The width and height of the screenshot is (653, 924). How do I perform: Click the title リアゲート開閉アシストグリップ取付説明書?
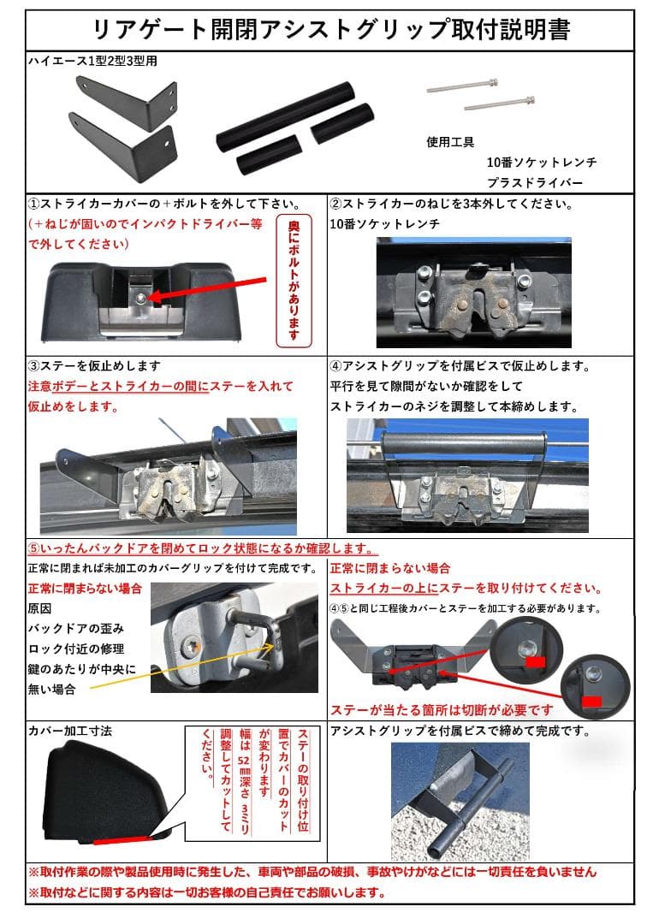tap(330, 30)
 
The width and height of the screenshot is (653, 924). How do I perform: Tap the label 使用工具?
tap(450, 143)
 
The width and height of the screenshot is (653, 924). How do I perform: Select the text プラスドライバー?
tap(535, 183)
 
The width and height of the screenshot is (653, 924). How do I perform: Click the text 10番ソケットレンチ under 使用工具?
tap(541, 163)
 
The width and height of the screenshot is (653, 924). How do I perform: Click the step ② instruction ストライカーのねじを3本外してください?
tap(452, 205)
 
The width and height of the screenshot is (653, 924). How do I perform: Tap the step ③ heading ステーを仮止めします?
tap(94, 366)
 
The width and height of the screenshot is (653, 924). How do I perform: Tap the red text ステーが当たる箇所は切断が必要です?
tap(442, 710)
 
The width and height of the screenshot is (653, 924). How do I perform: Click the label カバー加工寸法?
tap(70, 731)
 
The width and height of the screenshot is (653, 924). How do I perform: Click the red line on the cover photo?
tap(123, 839)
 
